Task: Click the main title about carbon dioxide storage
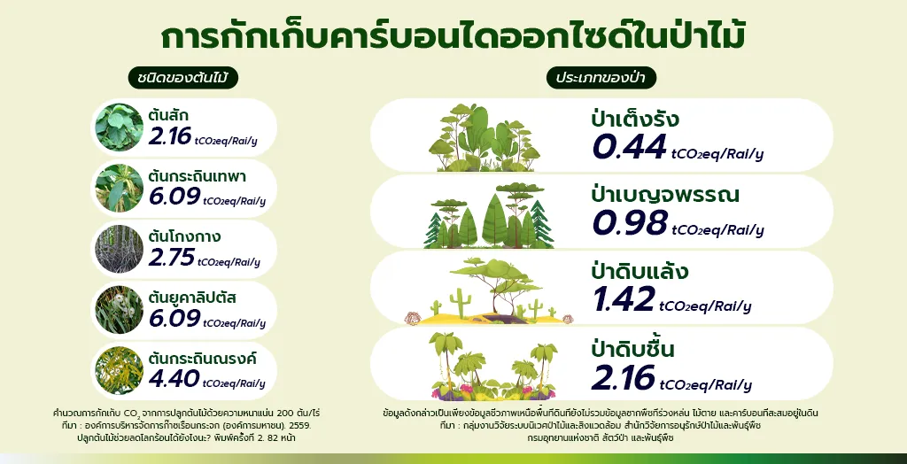coord(453,36)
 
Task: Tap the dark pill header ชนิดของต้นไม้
coord(183,78)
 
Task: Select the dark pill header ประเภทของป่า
coord(601,78)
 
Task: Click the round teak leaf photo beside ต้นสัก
coord(120,128)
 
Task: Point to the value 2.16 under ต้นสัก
coord(169,136)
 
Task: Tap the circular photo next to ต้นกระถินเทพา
coord(120,188)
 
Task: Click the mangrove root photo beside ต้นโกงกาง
coord(120,249)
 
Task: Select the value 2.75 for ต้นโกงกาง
coord(171,258)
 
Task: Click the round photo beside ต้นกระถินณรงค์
coord(120,370)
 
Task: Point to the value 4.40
coord(174,379)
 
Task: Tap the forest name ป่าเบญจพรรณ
coord(665,196)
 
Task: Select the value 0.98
coord(630,223)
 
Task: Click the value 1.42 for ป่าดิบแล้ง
coord(624,298)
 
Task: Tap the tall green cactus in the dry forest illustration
coord(461,302)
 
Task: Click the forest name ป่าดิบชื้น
coord(632,350)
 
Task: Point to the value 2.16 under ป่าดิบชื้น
coord(623,377)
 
